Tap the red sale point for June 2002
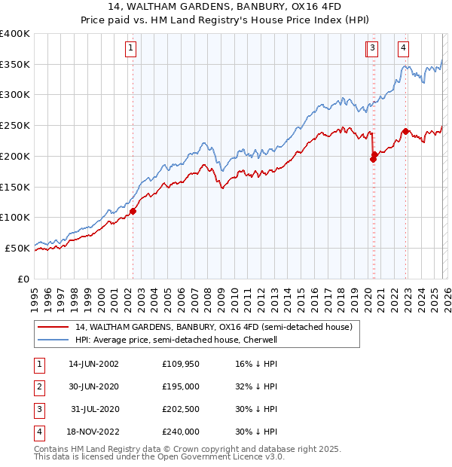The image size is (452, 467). coord(133,212)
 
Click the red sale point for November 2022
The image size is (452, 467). coord(405,131)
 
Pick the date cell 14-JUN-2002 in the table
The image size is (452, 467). coord(93,363)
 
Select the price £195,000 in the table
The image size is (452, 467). coord(181,386)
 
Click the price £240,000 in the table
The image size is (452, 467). coord(181,432)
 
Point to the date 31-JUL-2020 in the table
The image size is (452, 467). coord(94,409)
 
